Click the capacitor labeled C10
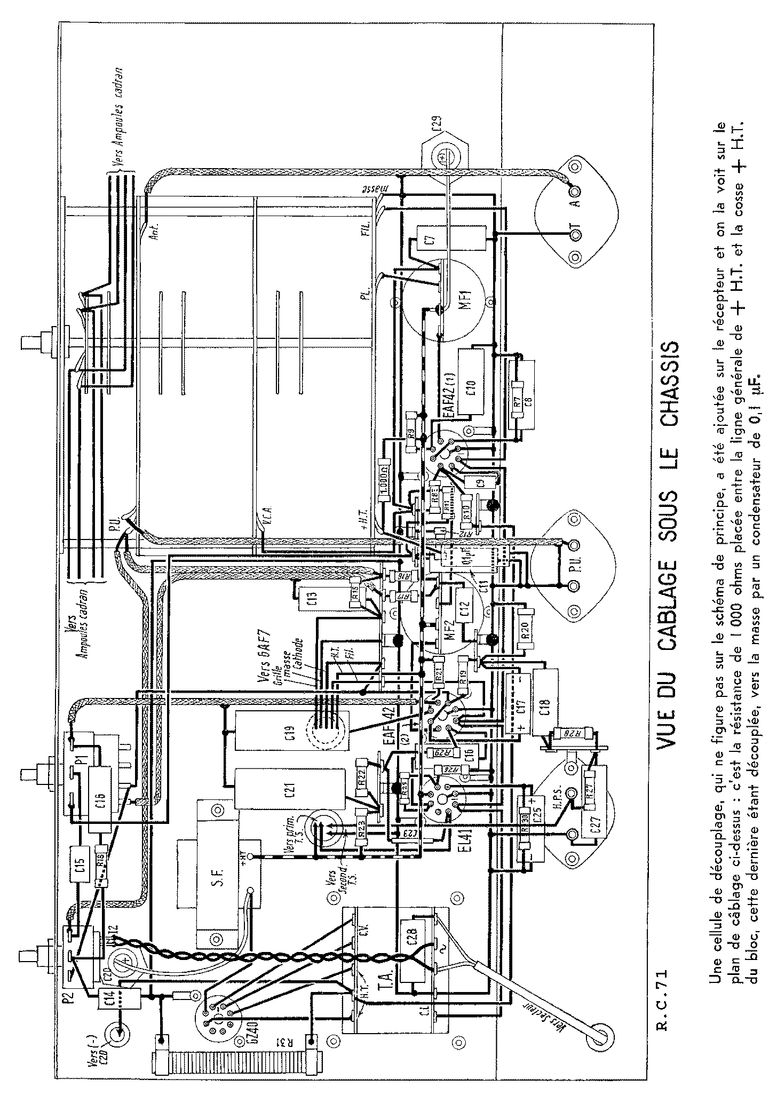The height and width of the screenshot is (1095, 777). tap(471, 382)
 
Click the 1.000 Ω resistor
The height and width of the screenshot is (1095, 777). tap(385, 483)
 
